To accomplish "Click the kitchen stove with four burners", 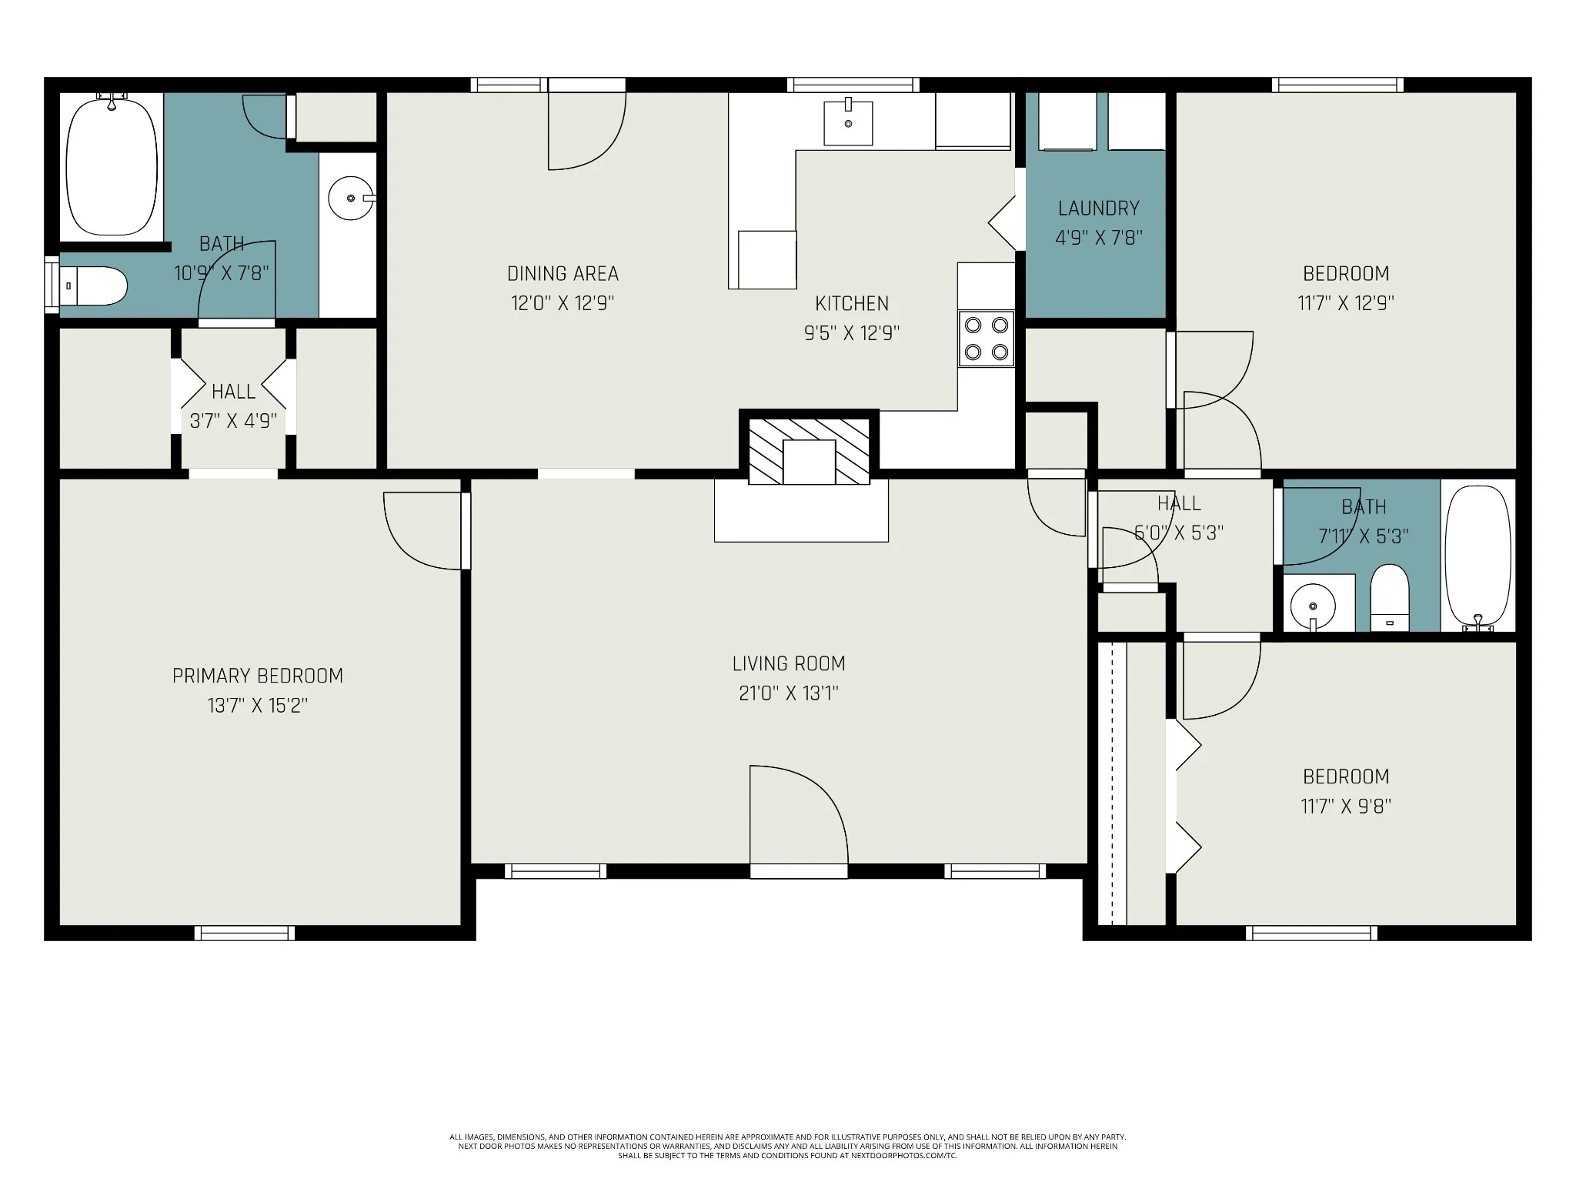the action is pyautogui.click(x=986, y=339).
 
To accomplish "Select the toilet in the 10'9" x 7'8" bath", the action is pyautogui.click(x=93, y=286).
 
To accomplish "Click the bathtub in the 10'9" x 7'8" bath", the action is pyautogui.click(x=112, y=165).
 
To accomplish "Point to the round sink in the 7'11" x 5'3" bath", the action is pyautogui.click(x=1313, y=603).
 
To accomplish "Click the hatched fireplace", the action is pyautogui.click(x=809, y=451).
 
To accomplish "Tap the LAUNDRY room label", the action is pyautogui.click(x=1098, y=208).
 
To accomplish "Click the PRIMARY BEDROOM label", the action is pyautogui.click(x=258, y=676).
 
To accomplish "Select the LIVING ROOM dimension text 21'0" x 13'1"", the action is pyautogui.click(x=789, y=693).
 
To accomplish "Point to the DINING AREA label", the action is pyautogui.click(x=563, y=273).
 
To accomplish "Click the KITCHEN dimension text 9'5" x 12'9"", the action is pyautogui.click(x=852, y=333).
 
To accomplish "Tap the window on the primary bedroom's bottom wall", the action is pyautogui.click(x=245, y=933).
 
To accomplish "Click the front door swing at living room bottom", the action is pyautogui.click(x=799, y=816).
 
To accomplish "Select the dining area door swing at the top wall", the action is pyautogui.click(x=586, y=130).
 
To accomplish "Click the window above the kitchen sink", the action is pyautogui.click(x=853, y=85).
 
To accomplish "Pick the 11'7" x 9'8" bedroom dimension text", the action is pyautogui.click(x=1346, y=806).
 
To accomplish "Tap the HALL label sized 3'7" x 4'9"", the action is pyautogui.click(x=233, y=392).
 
